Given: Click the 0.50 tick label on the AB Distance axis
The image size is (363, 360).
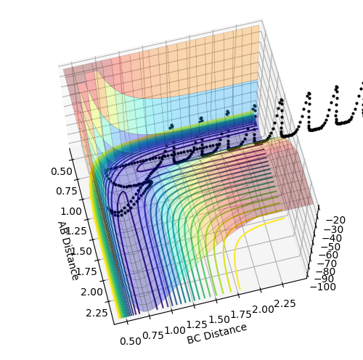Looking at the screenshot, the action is click(x=62, y=171).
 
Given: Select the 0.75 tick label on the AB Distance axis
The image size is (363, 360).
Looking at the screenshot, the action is click(x=67, y=191).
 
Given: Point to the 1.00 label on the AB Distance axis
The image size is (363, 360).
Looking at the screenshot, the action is click(x=71, y=211).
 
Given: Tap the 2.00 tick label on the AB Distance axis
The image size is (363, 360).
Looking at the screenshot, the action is click(x=91, y=292).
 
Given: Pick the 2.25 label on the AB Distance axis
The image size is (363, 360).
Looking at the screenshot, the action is click(x=97, y=313).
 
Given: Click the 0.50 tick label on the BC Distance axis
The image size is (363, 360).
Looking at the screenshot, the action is click(x=131, y=341).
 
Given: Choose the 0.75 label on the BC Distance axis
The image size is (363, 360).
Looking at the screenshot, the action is click(x=153, y=335).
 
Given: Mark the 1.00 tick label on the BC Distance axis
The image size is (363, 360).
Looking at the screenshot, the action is click(x=175, y=330).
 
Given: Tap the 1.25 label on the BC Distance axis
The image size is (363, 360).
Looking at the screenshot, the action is click(x=197, y=324).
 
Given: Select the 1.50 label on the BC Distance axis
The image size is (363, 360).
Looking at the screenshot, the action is click(x=219, y=319).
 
